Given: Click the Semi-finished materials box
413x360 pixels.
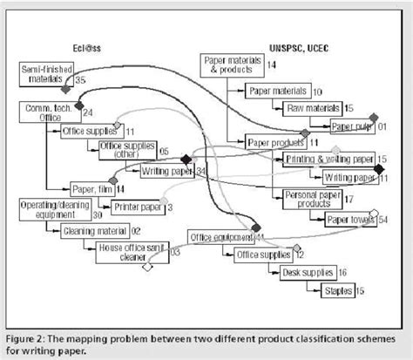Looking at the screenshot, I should point(45,72).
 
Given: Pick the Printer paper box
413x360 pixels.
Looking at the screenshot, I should point(138,207).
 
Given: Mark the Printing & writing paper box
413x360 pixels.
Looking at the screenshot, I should point(328,159).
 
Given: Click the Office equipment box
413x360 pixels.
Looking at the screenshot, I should point(223,236).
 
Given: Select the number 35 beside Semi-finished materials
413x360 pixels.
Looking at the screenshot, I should point(80,79).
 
